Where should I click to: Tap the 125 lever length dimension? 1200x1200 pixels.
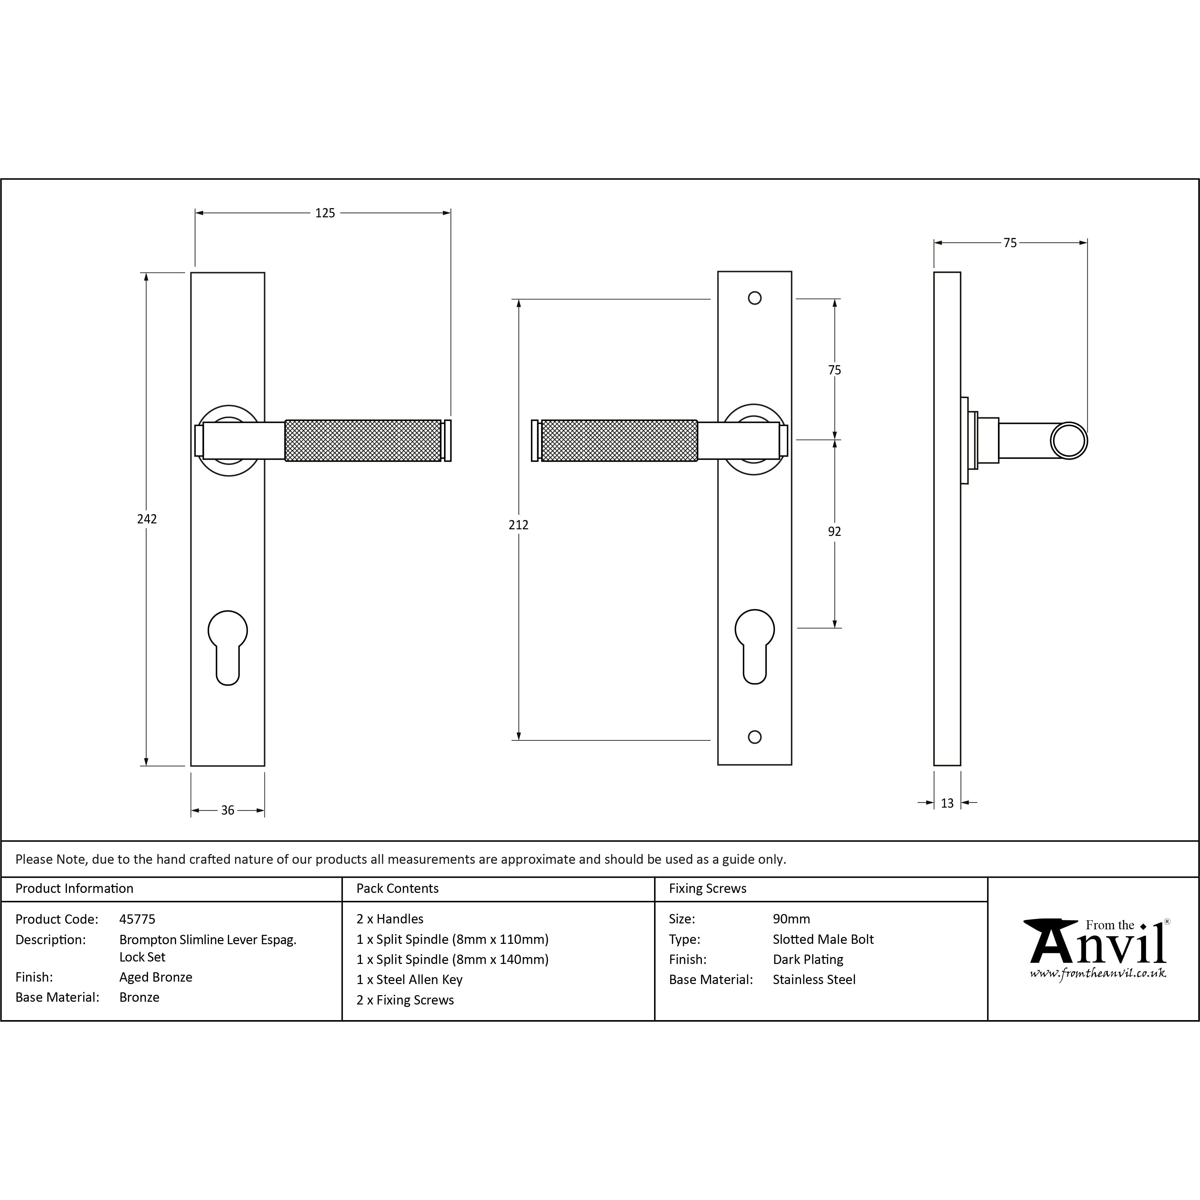click(x=325, y=213)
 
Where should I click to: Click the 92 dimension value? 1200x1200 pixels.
click(x=834, y=532)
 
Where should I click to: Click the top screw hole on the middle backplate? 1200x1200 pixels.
click(x=755, y=298)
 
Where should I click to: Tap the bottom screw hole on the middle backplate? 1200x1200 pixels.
click(x=755, y=737)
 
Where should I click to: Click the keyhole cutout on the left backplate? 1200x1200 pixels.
click(x=228, y=646)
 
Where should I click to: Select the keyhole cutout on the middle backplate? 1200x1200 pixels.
click(x=755, y=646)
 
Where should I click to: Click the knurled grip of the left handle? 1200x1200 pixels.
click(x=363, y=440)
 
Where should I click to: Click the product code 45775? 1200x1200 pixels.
click(x=137, y=919)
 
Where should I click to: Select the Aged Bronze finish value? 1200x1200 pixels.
click(x=156, y=977)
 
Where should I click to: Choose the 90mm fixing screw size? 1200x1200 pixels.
click(x=791, y=919)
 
